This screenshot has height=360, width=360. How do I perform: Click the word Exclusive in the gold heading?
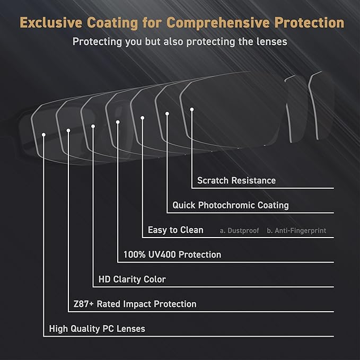click(51, 23)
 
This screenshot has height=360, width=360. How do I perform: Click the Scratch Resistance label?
click(236, 180)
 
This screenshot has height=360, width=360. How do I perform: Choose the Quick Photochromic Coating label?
click(231, 205)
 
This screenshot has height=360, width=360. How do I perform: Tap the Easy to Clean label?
click(175, 230)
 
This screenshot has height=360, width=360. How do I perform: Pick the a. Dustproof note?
click(239, 231)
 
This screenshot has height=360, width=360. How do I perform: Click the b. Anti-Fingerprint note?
click(296, 231)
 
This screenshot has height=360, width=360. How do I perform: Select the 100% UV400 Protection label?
click(172, 254)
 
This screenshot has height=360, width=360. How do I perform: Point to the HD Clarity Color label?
click(132, 279)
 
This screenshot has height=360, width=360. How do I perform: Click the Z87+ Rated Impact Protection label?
click(135, 304)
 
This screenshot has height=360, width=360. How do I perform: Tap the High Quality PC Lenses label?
click(97, 329)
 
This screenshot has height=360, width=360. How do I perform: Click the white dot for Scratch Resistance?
click(192, 110)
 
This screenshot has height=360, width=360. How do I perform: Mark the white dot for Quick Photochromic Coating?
click(167, 113)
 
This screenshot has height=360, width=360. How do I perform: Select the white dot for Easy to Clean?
click(142, 118)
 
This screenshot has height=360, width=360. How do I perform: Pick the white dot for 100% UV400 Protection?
click(118, 122)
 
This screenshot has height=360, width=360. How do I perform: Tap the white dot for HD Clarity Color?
click(93, 126)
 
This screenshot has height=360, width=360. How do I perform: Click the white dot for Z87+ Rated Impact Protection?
click(68, 130)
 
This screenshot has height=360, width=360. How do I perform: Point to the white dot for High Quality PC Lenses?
click(43, 135)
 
